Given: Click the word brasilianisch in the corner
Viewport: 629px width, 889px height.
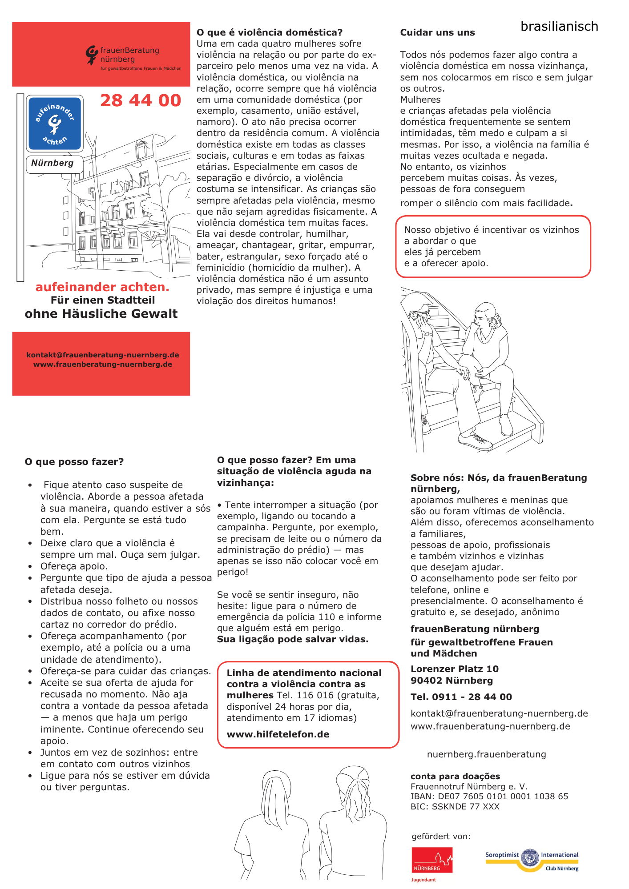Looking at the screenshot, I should [x=559, y=27].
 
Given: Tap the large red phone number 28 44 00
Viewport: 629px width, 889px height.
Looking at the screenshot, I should [x=141, y=100].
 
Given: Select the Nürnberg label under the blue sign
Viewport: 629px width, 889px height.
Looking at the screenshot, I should [x=52, y=163].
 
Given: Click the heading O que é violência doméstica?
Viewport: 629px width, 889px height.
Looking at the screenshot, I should [x=270, y=32].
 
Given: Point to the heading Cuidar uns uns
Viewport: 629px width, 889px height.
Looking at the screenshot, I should [x=437, y=32].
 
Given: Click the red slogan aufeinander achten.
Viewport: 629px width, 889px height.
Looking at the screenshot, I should [x=102, y=287].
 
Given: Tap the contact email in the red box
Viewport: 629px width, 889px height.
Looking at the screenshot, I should [x=103, y=355].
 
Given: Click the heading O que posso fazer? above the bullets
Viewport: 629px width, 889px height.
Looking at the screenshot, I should [x=74, y=462].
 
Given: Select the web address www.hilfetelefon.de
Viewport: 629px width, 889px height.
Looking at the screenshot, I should [x=278, y=734].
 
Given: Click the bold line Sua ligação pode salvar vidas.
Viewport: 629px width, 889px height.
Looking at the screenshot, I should [x=293, y=639].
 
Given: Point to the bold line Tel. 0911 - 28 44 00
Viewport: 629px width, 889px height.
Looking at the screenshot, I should [x=461, y=697].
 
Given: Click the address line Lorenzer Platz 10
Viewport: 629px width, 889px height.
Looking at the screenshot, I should [x=455, y=669].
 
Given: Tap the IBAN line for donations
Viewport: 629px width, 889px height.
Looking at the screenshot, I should [x=489, y=796].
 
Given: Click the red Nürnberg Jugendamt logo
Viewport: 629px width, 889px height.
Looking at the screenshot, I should [x=431, y=861].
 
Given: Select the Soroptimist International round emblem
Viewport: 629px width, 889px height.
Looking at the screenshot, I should [x=529, y=857].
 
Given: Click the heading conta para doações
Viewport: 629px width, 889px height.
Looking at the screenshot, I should [x=455, y=776].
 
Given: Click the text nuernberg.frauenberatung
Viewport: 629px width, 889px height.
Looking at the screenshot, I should [x=486, y=754].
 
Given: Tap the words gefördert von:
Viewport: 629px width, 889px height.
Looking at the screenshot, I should [x=441, y=837].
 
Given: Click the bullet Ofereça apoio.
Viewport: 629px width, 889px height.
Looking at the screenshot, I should [x=74, y=566].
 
